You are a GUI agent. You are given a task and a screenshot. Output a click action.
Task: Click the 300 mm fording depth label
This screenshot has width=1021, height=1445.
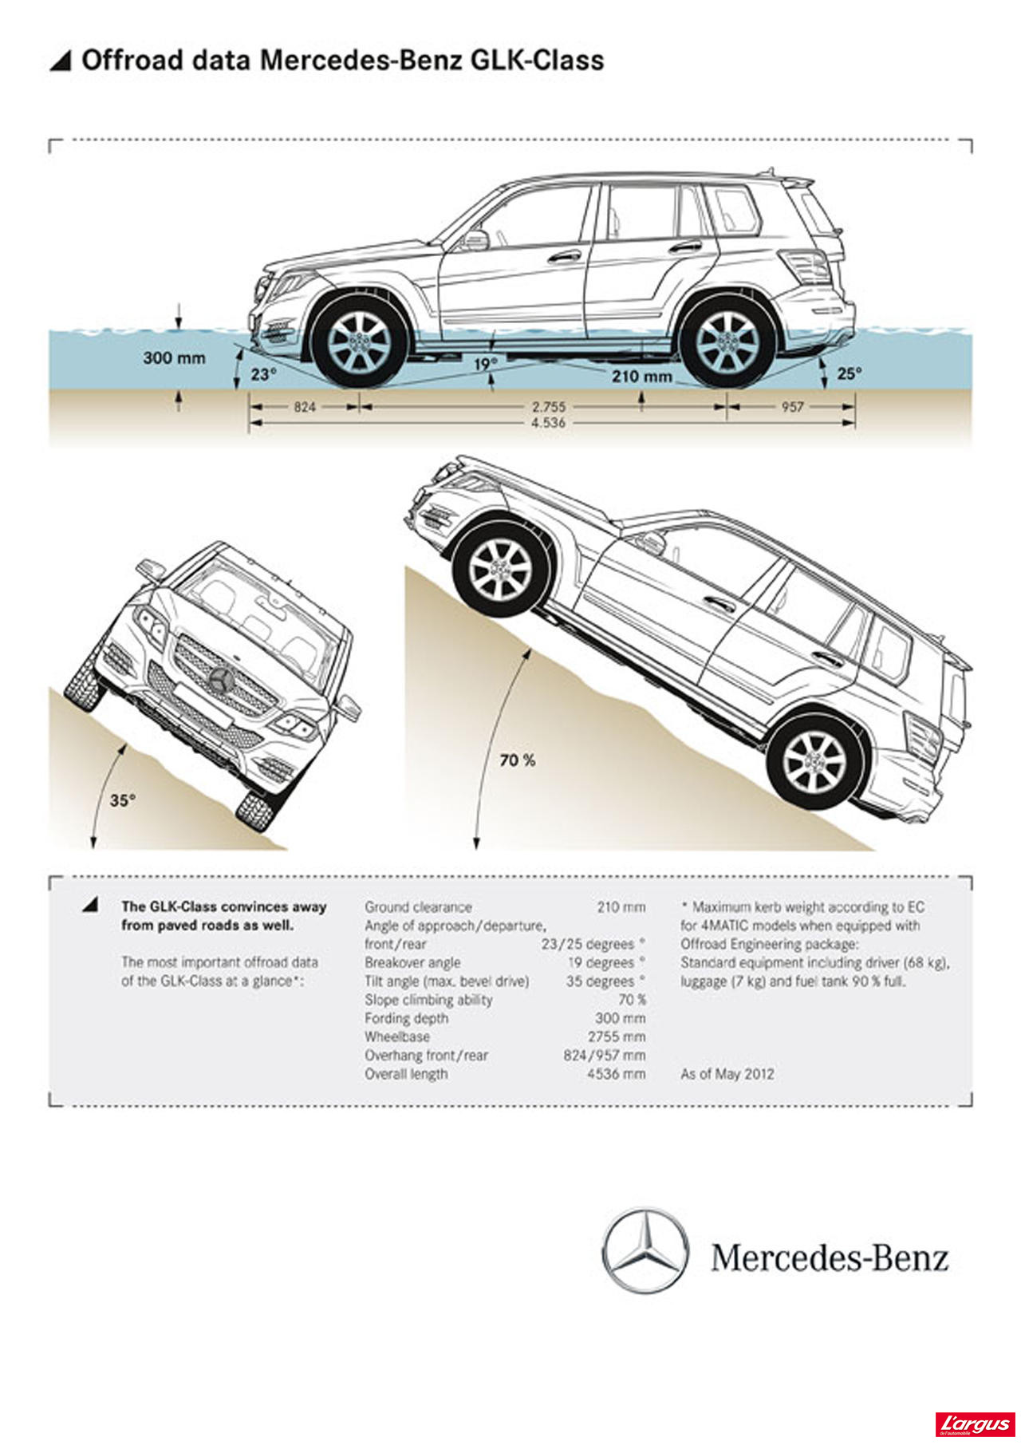(x=174, y=357)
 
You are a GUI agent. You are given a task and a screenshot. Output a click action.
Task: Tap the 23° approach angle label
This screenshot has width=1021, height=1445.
(x=263, y=373)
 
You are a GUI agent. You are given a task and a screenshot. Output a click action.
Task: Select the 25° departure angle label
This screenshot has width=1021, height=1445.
(x=850, y=373)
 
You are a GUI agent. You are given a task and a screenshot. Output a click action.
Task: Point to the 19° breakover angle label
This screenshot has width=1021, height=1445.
(x=485, y=365)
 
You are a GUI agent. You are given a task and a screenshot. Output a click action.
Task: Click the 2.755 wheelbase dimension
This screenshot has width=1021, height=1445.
(x=549, y=407)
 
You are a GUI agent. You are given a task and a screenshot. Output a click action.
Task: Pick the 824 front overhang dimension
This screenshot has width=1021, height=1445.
(x=305, y=407)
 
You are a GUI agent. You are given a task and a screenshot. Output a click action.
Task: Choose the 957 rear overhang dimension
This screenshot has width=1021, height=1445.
(x=792, y=407)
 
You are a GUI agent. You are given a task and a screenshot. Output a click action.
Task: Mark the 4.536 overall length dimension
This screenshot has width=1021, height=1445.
(x=549, y=422)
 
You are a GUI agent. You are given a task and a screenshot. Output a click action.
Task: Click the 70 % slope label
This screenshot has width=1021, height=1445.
(x=517, y=760)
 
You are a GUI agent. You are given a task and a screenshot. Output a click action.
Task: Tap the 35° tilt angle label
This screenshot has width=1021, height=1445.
(x=123, y=800)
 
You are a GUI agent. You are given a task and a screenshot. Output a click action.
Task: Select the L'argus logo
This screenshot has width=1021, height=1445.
(x=975, y=1424)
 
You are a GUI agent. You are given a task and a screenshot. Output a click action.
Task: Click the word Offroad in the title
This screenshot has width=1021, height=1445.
(x=128, y=60)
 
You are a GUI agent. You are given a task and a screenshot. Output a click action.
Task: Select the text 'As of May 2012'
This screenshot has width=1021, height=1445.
(x=727, y=1074)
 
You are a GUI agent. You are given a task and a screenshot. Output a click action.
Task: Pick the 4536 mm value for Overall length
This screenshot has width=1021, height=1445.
(x=616, y=1074)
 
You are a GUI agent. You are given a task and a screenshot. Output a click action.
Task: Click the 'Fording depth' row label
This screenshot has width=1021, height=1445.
(x=406, y=1018)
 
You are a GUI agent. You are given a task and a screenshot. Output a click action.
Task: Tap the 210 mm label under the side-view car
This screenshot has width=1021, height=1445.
(x=642, y=375)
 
